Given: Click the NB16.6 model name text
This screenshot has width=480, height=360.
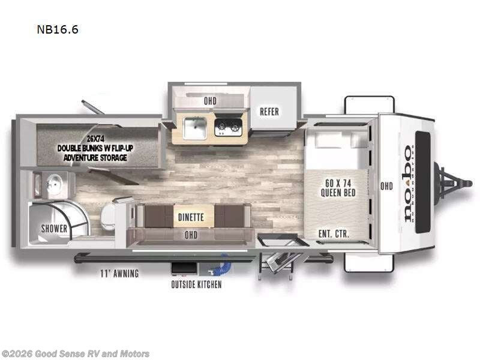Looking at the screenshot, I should pyautogui.click(x=58, y=29).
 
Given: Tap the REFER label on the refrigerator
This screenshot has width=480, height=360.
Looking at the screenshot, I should pyautogui.click(x=269, y=112).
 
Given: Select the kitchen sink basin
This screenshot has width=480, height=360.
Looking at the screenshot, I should pyautogui.click(x=196, y=127).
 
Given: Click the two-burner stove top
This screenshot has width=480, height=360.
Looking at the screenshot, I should pyautogui.click(x=229, y=127).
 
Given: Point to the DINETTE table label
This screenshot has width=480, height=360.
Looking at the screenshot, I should pyautogui.click(x=191, y=217).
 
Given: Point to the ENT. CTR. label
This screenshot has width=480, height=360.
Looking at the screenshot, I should pyautogui.click(x=334, y=233).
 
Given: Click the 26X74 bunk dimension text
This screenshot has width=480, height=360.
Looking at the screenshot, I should pyautogui.click(x=92, y=138).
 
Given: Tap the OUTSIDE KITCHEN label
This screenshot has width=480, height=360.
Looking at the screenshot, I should pyautogui.click(x=197, y=284).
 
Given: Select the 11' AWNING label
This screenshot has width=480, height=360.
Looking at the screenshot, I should pyautogui.click(x=119, y=274).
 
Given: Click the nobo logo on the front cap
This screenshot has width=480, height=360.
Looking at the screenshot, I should pyautogui.click(x=408, y=183).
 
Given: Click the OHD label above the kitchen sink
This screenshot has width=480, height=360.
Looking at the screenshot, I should pyautogui.click(x=209, y=101).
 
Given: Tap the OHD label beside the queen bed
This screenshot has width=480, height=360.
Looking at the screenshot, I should pyautogui.click(x=386, y=186).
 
